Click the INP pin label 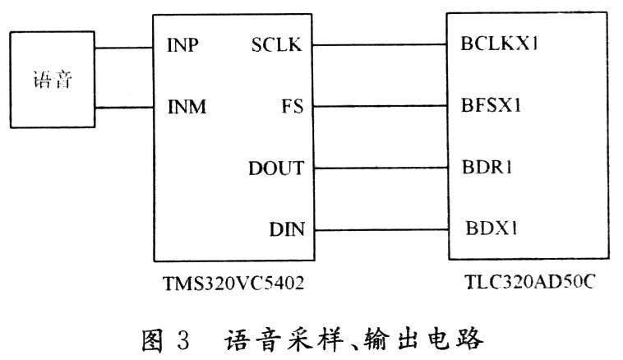(184, 44)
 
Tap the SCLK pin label (276, 44)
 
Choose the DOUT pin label (276, 168)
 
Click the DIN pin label (287, 229)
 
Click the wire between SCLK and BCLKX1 (377, 45)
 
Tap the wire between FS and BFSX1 (377, 107)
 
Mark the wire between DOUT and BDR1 (377, 168)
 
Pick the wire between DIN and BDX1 (377, 229)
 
